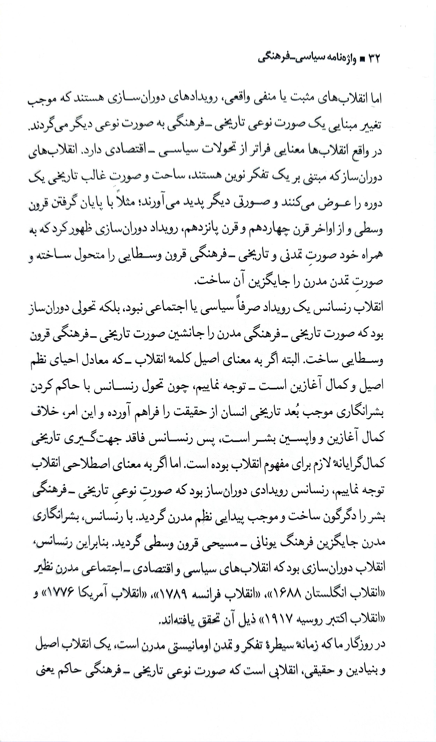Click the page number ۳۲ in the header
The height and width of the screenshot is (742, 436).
click(373, 59)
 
